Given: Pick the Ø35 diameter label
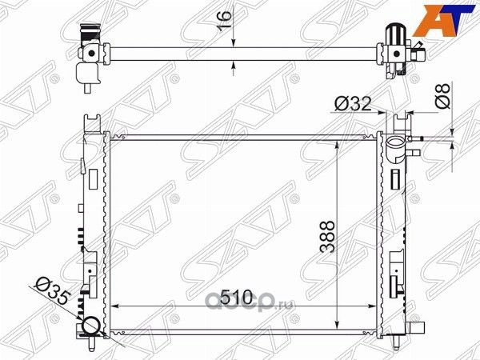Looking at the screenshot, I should click(x=50, y=290).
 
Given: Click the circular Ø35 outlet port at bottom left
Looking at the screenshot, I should click(x=90, y=326).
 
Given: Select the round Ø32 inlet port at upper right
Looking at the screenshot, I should click(x=395, y=146).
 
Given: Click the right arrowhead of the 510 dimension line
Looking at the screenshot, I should click(x=374, y=306).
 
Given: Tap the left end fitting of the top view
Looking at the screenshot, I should click(x=90, y=55).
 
